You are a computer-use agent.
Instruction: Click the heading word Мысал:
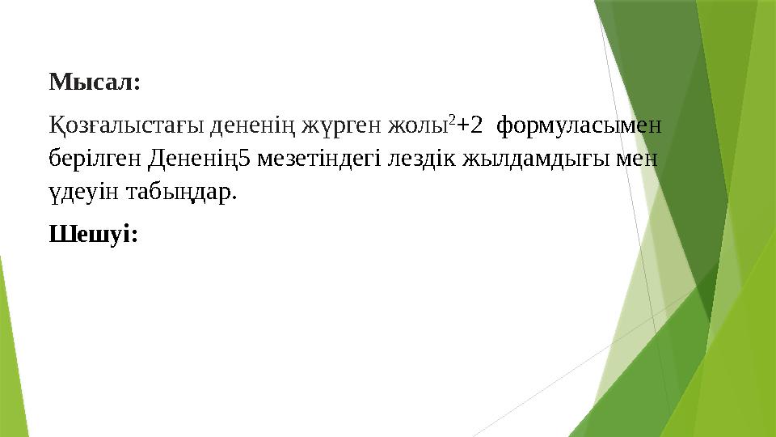point(95,83)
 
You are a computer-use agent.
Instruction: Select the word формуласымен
point(579,126)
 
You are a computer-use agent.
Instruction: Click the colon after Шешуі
point(134,236)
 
